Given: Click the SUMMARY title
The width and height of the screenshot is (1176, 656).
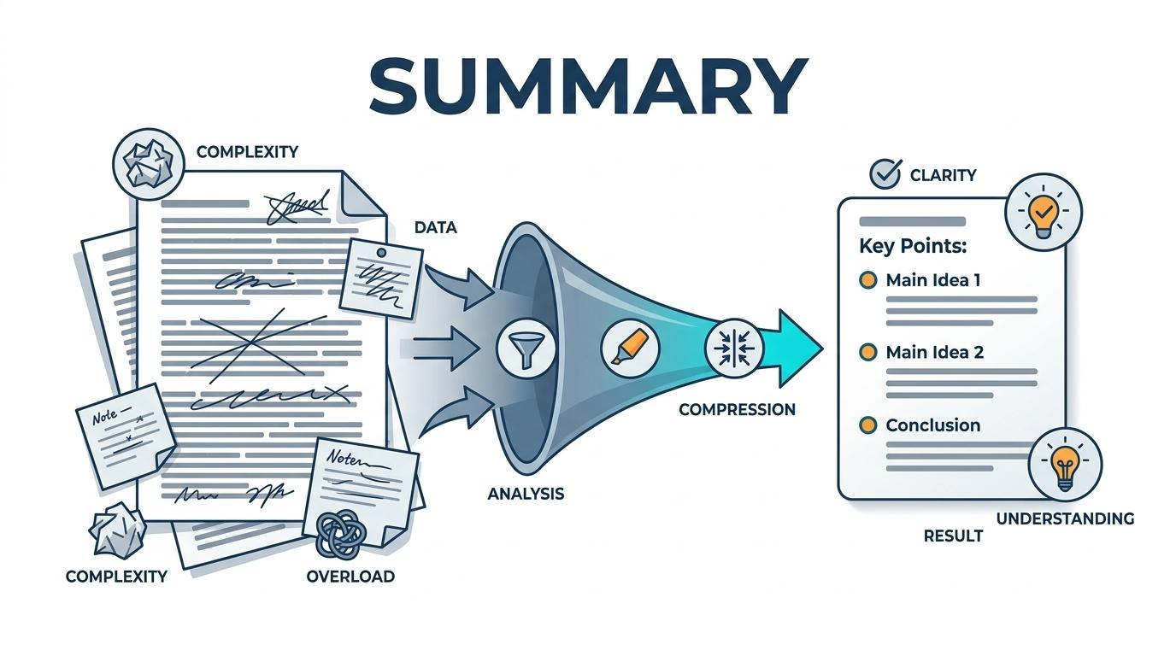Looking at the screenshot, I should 588,86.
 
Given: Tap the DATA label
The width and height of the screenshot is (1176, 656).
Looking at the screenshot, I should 435,228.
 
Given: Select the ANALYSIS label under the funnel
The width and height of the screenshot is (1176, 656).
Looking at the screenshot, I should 526,494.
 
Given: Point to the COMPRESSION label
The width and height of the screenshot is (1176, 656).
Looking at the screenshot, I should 737,409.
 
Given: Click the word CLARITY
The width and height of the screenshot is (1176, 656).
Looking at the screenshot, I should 943,175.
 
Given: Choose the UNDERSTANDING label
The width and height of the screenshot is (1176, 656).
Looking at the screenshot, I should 1065,518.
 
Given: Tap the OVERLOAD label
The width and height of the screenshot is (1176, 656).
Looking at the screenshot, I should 350,576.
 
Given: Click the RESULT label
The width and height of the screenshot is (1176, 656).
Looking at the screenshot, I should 953,536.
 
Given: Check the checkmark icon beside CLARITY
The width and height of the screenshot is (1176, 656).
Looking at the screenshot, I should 884,174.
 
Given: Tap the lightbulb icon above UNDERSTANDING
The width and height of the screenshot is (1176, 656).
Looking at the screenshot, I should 1065,465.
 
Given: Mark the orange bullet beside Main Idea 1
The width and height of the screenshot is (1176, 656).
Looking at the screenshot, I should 867,280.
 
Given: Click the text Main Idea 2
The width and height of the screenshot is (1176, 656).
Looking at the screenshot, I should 934,352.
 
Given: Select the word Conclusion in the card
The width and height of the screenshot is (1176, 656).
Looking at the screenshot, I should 932,425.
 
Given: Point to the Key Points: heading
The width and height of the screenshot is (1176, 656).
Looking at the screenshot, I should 913,246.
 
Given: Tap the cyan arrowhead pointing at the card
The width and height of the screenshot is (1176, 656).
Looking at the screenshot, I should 799,347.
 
